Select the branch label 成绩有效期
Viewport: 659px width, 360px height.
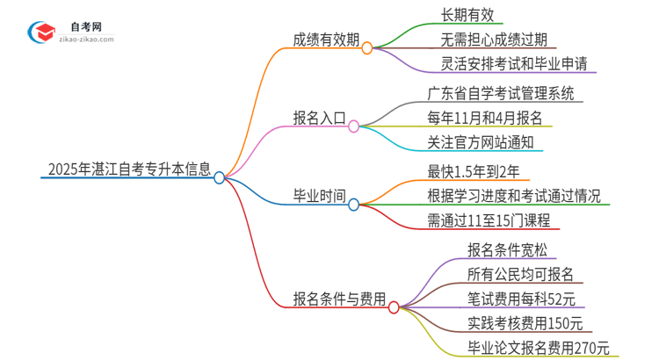325,39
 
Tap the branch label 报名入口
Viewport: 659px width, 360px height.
319,117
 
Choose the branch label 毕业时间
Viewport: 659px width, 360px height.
319,195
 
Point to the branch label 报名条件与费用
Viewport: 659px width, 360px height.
339,299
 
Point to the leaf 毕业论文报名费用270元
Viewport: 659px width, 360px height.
538,348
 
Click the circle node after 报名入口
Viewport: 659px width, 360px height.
353,126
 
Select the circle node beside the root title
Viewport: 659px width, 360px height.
220,177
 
